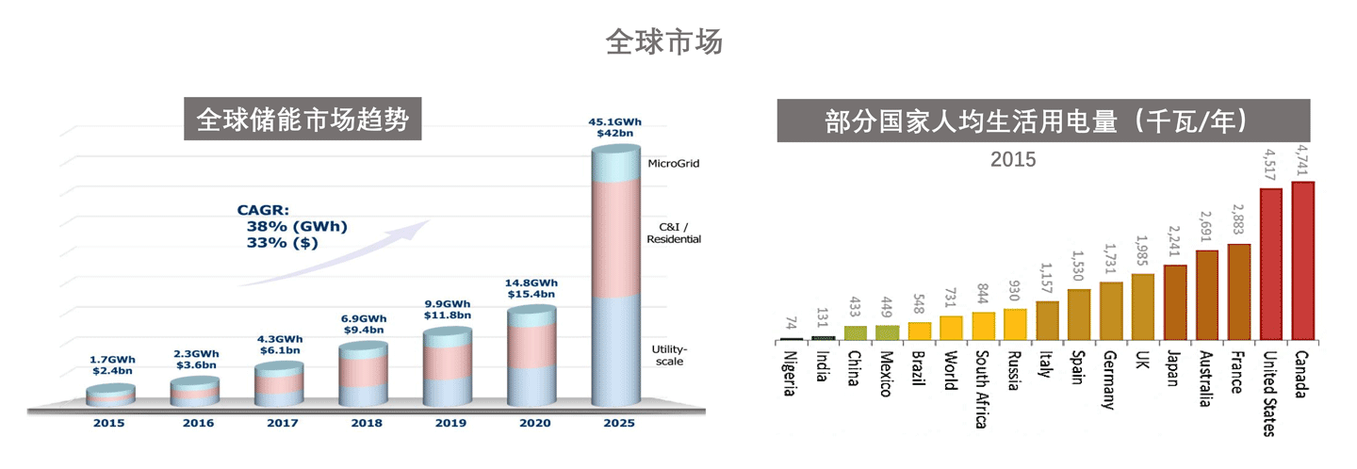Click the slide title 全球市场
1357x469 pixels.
tap(663, 42)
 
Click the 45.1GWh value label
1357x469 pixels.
tap(614, 121)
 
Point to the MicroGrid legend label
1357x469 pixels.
tap(673, 164)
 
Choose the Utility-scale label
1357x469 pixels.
tap(667, 355)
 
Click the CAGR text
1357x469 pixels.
tap(262, 211)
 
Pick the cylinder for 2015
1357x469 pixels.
tap(109, 396)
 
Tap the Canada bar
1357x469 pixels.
tap(1303, 260)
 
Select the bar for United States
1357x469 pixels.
tap(1271, 264)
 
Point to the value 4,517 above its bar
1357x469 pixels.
tap(1269, 162)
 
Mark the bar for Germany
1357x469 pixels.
tap(1111, 310)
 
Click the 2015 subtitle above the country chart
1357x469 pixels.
tap(1012, 160)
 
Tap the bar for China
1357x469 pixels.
tap(855, 332)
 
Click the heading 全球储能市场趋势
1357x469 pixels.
tap(302, 120)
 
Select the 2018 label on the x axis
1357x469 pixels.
tap(366, 423)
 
